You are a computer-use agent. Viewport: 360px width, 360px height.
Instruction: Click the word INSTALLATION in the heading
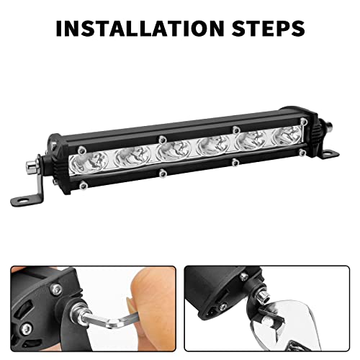click(x=136, y=30)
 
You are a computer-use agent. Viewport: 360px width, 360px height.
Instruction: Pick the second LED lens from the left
click(x=132, y=155)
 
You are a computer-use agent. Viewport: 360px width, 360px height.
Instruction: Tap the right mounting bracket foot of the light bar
click(x=328, y=151)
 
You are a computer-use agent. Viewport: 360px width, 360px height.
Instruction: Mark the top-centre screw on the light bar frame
click(x=163, y=135)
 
